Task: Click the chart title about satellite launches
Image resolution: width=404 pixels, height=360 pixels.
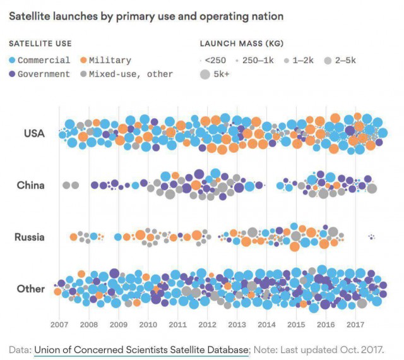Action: [146, 16]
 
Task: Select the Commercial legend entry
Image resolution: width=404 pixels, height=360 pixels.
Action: [39, 61]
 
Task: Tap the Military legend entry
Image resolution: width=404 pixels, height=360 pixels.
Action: [105, 61]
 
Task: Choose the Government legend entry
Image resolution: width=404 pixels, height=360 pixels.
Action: [39, 75]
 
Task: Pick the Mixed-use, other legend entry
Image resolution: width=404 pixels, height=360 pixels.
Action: [126, 75]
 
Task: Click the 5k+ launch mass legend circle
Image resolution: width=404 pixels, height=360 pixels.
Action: [205, 75]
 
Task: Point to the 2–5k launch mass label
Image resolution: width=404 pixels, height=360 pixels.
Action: [345, 61]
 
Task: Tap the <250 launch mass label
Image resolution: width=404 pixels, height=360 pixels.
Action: [215, 61]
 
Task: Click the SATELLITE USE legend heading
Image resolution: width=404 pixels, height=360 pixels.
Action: [40, 44]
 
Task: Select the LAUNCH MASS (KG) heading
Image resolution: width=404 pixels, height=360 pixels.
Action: [242, 44]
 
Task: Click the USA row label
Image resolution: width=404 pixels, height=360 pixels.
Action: [34, 133]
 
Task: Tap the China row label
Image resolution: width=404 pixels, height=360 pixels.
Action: [31, 185]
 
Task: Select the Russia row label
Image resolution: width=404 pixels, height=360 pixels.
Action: [30, 237]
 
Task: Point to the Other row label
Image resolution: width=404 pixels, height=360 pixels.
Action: [31, 289]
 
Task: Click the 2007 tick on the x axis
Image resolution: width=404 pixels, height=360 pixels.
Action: [59, 325]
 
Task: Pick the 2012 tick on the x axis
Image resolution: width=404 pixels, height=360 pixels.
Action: [208, 325]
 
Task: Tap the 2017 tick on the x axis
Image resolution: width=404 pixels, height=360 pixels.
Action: [355, 325]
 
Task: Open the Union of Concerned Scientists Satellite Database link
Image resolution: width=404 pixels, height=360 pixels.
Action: [141, 350]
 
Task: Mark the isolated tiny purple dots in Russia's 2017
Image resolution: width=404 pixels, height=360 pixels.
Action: [372, 237]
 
